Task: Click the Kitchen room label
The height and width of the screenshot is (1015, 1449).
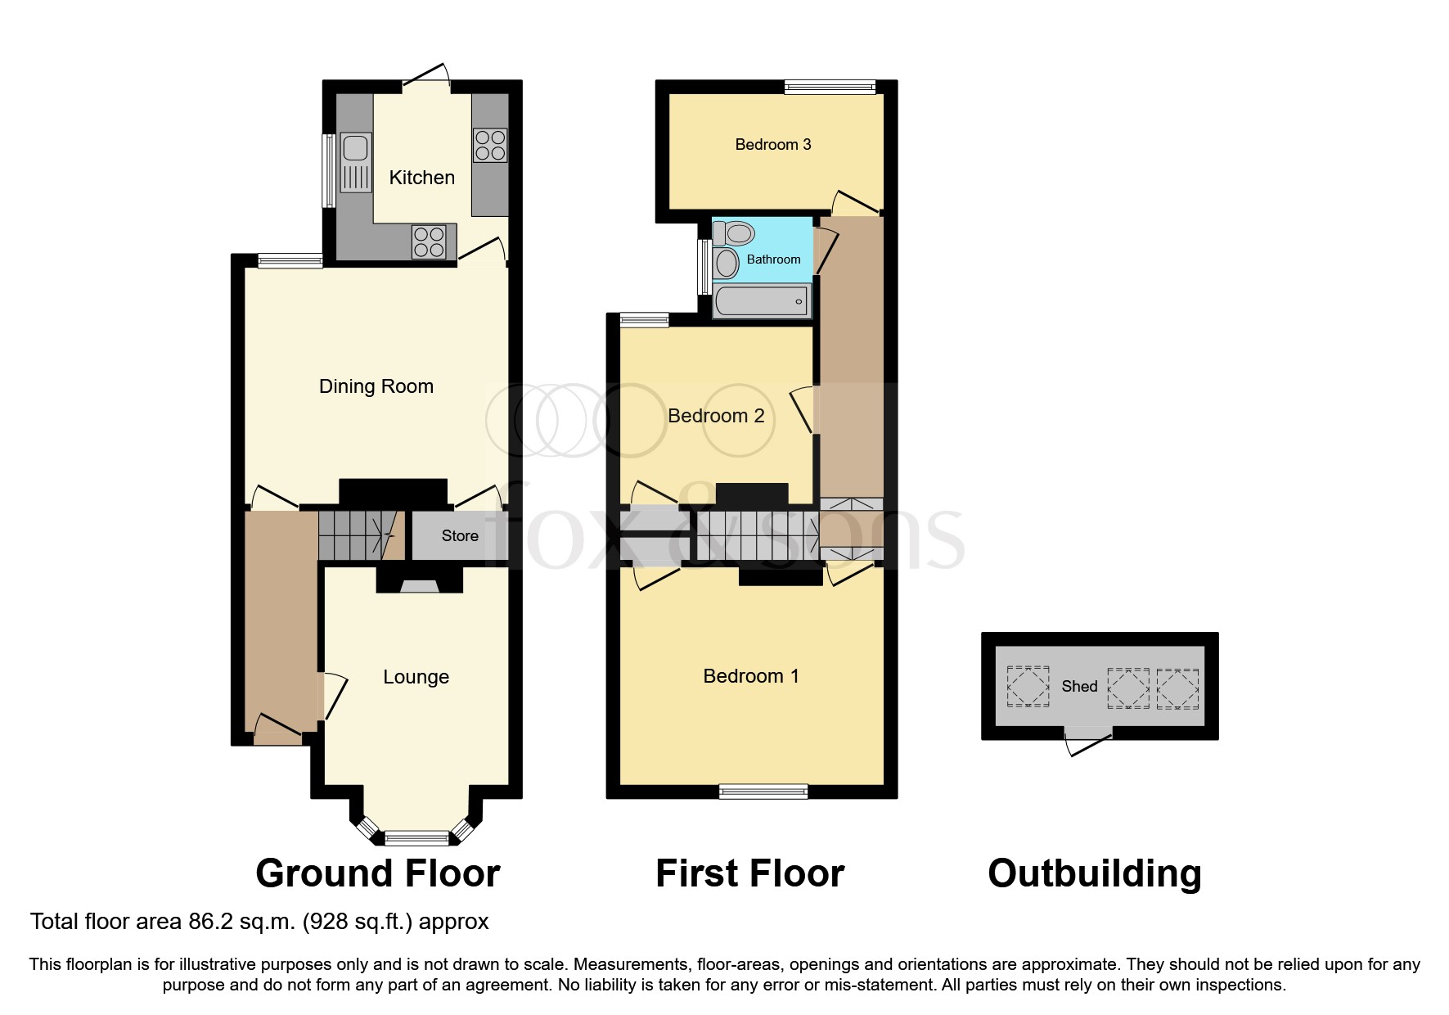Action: (x=421, y=178)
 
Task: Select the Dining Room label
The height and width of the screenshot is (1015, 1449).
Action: (x=376, y=386)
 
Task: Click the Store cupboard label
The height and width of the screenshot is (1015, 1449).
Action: (x=459, y=536)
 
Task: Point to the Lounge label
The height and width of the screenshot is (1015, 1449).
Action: (x=416, y=677)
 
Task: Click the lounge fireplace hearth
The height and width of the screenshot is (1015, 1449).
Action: (x=419, y=585)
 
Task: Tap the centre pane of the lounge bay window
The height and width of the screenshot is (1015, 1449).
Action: (x=417, y=837)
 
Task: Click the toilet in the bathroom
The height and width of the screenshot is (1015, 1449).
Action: (x=734, y=233)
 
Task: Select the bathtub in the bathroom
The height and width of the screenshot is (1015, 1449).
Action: (x=762, y=301)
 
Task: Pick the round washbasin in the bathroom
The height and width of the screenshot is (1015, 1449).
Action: (x=726, y=263)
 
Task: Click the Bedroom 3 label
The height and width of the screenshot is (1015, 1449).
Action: (x=772, y=145)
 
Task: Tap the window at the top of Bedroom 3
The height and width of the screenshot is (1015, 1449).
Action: (x=829, y=87)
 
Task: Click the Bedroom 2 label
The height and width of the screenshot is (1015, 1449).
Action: (x=716, y=416)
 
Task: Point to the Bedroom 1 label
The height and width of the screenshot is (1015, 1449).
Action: (x=750, y=676)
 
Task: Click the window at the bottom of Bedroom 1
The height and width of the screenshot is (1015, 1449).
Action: (x=763, y=791)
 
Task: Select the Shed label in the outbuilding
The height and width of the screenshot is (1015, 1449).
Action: (x=1078, y=687)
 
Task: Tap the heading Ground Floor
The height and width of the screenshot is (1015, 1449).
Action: (x=377, y=873)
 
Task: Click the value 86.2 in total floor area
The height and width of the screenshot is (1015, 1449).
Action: (x=207, y=922)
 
